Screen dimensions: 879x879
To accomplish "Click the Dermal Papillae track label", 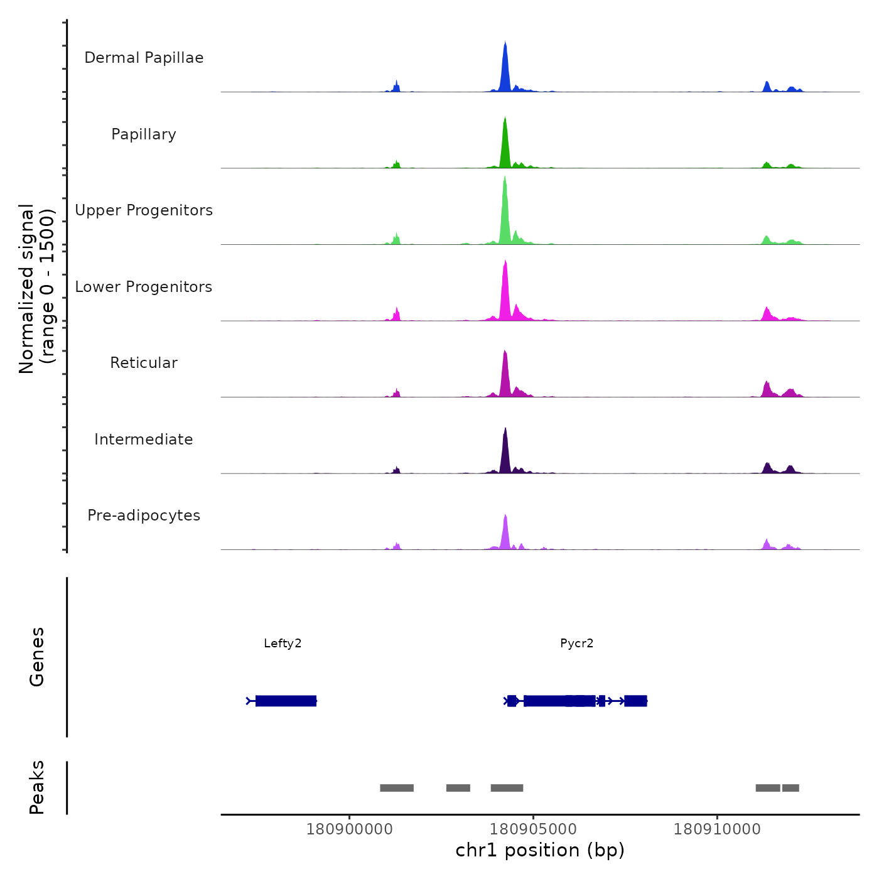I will pos(144,58).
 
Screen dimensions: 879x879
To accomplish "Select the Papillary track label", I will pos(144,134).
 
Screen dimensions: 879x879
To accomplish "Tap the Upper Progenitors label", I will pos(144,210).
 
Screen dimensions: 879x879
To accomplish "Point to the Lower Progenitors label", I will pos(144,287).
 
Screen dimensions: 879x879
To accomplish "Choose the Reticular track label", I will pos(144,363).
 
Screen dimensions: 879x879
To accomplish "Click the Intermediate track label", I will pos(144,439).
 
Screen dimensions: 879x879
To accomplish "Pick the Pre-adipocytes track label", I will pos(144,515).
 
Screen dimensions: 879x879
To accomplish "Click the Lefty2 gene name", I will pos(283,643).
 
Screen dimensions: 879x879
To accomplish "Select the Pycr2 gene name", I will pos(576,643).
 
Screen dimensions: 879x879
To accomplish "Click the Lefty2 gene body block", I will pos(286,701).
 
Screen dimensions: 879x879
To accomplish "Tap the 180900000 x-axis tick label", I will pos(350,829).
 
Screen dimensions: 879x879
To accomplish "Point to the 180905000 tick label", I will pos(533,829).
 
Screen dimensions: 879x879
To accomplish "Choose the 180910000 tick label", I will pos(717,829).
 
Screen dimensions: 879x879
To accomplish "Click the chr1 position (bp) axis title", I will pos(540,850).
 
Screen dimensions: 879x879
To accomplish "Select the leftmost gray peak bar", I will pos(397,788).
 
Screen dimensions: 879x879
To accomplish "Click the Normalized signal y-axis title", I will pos(36,289).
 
